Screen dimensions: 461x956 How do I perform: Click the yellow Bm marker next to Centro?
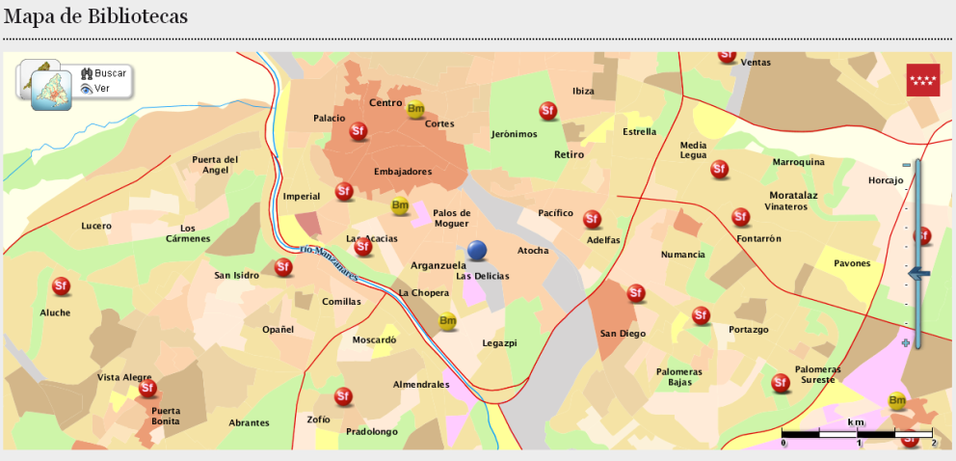(x=415, y=109)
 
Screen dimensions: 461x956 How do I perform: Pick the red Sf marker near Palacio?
(x=358, y=131)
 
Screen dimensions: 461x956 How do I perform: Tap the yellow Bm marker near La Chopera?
(x=447, y=321)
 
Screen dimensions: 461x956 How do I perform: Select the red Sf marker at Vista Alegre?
(x=147, y=389)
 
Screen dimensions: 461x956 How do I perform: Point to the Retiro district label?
(x=569, y=154)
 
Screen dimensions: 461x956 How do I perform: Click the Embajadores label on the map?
(x=402, y=173)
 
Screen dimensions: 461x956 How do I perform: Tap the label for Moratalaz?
(x=793, y=195)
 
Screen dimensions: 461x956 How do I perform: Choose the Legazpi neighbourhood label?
(x=499, y=343)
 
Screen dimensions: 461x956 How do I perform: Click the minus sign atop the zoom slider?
(x=906, y=166)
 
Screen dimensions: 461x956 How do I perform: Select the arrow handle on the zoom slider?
(x=918, y=274)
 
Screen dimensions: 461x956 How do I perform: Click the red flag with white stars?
(x=922, y=81)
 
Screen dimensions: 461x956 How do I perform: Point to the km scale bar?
(x=857, y=434)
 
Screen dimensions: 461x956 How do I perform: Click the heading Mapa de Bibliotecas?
(x=95, y=16)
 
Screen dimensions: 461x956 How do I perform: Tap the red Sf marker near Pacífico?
(x=593, y=220)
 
